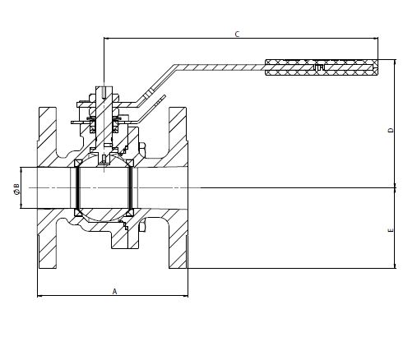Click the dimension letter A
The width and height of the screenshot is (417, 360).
click(114, 291)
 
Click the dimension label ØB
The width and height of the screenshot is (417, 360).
click(16, 189)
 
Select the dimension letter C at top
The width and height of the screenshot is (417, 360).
click(238, 35)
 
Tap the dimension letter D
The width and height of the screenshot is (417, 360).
click(391, 130)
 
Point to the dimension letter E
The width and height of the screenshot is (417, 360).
click(391, 230)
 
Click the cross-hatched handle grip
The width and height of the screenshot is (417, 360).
click(322, 67)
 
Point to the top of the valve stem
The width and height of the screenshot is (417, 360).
click(104, 87)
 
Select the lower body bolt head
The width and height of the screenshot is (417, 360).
click(142, 225)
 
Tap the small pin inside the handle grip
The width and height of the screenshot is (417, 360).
click(319, 67)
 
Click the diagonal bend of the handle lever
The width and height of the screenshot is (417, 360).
click(155, 84)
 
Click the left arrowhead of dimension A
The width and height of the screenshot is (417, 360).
click(39, 296)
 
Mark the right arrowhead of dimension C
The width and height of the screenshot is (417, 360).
click(376, 38)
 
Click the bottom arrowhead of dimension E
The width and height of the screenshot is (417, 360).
click(395, 266)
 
